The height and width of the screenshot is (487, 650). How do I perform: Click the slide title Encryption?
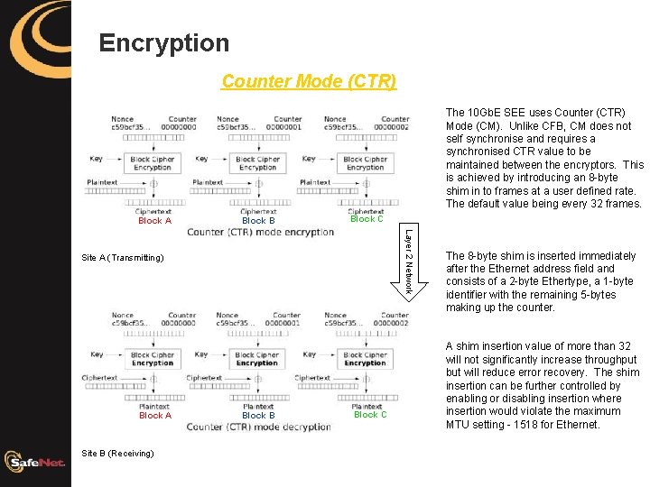[x=163, y=42]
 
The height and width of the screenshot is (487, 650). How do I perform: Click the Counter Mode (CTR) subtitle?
[x=308, y=81]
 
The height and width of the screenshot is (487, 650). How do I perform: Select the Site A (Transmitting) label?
[x=123, y=258]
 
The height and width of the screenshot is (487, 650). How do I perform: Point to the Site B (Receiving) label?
[x=117, y=452]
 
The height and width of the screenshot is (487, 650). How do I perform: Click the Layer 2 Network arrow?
[x=407, y=262]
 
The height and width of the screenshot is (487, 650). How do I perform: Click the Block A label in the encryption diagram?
[x=154, y=220]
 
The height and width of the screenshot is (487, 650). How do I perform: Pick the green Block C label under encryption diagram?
[x=367, y=218]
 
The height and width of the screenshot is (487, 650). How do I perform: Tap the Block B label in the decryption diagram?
[x=258, y=416]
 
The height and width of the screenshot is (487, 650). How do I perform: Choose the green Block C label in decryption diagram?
[x=370, y=415]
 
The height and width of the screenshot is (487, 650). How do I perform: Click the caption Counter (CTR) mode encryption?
[x=260, y=232]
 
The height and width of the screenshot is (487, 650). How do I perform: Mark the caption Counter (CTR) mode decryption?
[x=260, y=427]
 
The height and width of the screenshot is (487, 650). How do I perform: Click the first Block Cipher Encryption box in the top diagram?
[x=152, y=163]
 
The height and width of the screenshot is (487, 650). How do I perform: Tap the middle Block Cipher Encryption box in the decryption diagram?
[x=257, y=359]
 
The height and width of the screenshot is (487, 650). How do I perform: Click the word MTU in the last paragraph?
[x=459, y=425]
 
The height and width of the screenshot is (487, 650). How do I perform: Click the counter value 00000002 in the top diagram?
[x=395, y=127]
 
